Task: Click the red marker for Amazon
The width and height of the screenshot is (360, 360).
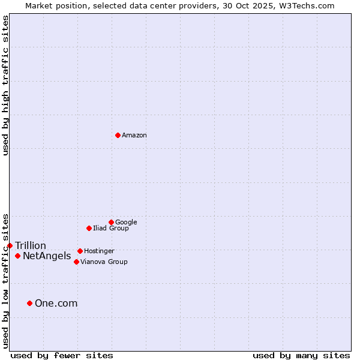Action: click(118, 135)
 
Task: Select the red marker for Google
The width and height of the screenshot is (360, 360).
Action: click(111, 222)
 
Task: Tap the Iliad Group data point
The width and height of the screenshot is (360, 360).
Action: click(89, 228)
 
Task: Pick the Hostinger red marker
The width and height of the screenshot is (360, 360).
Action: click(80, 251)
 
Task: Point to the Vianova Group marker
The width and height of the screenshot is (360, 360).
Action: click(76, 262)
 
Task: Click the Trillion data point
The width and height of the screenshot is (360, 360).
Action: click(10, 245)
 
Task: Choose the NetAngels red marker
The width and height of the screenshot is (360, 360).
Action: click(17, 256)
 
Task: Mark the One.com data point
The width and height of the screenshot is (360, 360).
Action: click(29, 303)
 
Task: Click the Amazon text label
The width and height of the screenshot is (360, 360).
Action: click(134, 136)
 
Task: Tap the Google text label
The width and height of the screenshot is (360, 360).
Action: click(126, 222)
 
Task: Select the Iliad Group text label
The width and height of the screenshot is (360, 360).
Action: click(111, 228)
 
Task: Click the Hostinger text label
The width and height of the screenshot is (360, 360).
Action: click(99, 251)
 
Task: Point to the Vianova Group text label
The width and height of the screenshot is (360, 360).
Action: click(104, 262)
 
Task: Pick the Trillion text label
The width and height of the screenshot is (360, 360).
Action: click(31, 246)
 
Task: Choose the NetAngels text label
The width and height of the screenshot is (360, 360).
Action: click(47, 256)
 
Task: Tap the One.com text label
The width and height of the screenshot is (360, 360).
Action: click(56, 304)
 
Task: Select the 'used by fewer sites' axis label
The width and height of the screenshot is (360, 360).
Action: click(62, 355)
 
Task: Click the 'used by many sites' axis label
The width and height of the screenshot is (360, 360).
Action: click(301, 355)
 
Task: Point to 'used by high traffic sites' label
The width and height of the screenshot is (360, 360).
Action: click(5, 85)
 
